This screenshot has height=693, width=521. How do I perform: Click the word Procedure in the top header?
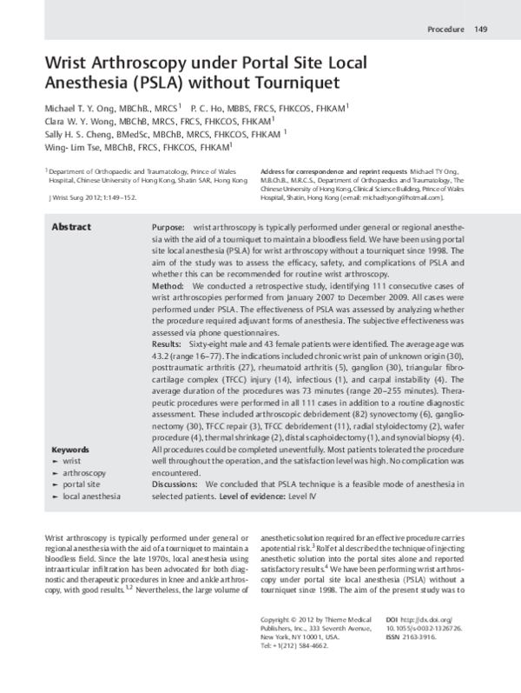[445, 31]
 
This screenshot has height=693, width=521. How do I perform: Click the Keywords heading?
[71, 450]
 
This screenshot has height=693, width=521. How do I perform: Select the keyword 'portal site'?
[83, 483]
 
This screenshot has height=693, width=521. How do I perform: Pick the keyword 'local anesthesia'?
[91, 496]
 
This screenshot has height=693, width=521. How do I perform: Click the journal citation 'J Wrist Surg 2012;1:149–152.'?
[94, 198]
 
